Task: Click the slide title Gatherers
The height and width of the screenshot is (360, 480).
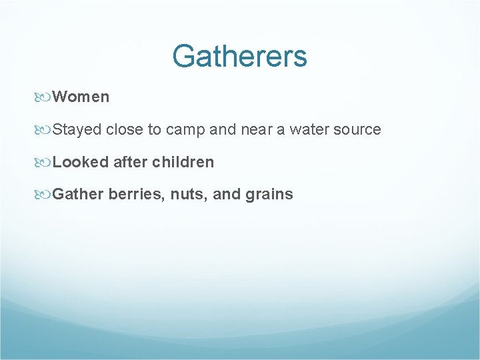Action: (x=239, y=56)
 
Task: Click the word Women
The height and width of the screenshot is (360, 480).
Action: (x=81, y=97)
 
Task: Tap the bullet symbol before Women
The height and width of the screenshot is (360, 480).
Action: (x=45, y=97)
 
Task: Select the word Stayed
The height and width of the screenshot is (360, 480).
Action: (x=77, y=129)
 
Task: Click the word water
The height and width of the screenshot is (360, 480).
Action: (x=309, y=129)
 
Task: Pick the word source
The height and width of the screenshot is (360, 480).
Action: (x=358, y=129)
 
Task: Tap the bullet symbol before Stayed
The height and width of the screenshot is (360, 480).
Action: (x=45, y=130)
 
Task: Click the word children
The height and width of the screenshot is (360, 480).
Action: (x=183, y=162)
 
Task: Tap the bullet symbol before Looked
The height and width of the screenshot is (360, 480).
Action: (x=45, y=162)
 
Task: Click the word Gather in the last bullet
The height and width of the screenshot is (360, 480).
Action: (x=78, y=195)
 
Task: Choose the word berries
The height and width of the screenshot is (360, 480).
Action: (x=137, y=195)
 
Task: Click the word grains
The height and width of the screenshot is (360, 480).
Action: (x=269, y=195)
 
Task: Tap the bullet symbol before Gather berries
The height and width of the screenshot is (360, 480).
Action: (x=45, y=195)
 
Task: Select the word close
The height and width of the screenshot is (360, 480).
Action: (x=124, y=129)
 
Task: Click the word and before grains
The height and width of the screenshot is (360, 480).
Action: (x=227, y=195)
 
